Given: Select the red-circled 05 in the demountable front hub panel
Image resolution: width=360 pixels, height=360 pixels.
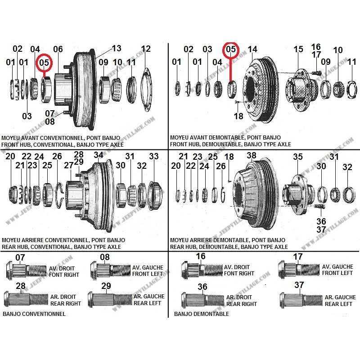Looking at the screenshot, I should (x=231, y=49).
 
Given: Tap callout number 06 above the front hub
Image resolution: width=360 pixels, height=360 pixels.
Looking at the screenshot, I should (x=58, y=49).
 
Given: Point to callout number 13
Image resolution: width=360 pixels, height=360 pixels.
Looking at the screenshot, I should (x=117, y=49).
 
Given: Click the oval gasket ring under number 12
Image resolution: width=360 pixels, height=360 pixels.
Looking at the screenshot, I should (x=146, y=90).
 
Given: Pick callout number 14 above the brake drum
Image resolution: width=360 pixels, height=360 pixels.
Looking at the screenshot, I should (x=252, y=49).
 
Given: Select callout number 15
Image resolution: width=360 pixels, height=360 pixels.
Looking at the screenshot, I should (x=298, y=49).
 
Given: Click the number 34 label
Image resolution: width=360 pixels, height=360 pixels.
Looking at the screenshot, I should (x=98, y=155).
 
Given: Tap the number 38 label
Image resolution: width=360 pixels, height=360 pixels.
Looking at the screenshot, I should (x=252, y=155).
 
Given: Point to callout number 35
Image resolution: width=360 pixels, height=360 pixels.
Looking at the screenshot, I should (x=298, y=157).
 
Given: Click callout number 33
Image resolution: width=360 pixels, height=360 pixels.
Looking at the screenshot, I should (x=154, y=157).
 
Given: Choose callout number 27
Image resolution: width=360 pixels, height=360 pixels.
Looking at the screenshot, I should (x=68, y=165).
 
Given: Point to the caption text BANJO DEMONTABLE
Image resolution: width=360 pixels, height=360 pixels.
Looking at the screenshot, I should (x=201, y=314).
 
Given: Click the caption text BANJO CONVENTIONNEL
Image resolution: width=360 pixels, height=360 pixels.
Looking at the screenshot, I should (x=34, y=314).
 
